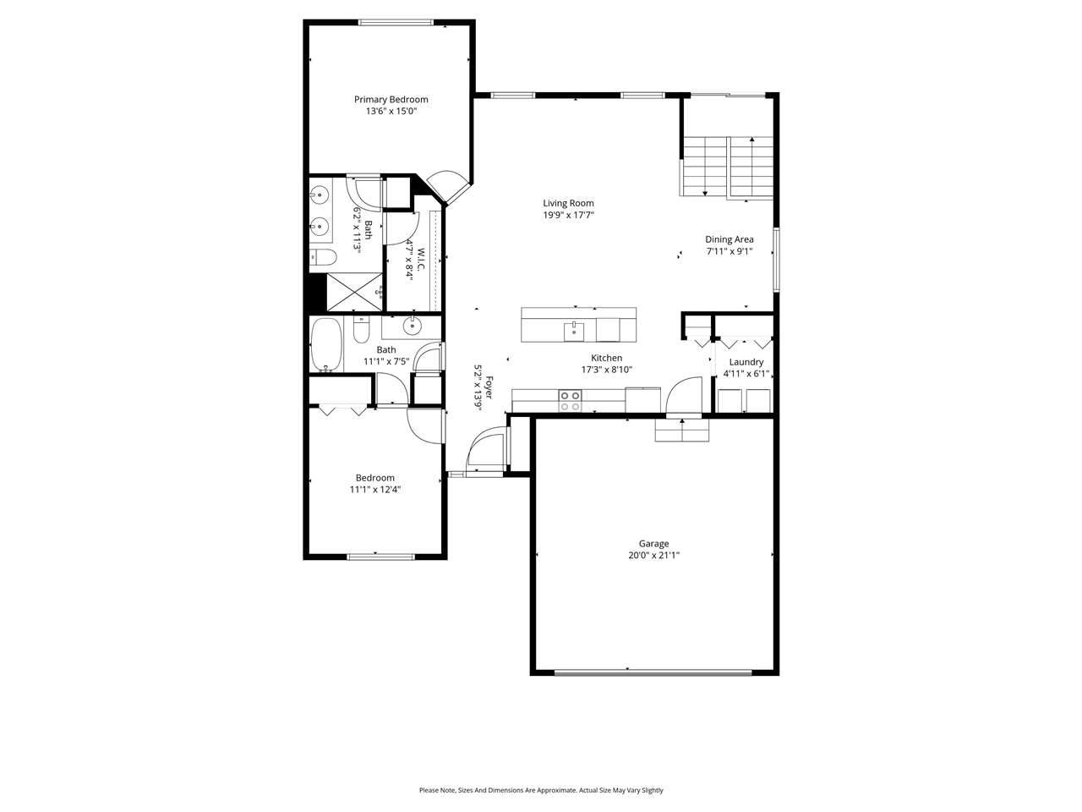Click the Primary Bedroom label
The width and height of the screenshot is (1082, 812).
(x=391, y=99)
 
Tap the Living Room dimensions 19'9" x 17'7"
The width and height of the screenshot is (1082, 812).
(x=568, y=215)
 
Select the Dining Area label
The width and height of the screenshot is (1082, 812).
(x=729, y=239)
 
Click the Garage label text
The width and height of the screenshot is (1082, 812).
(x=653, y=544)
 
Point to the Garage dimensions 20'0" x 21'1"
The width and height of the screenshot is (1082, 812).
(x=653, y=556)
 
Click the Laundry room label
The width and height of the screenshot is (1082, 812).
(x=746, y=362)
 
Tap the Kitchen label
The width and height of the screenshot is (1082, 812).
(x=606, y=358)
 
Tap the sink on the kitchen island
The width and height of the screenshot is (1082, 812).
(x=574, y=329)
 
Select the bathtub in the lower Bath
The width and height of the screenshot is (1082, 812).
(x=325, y=344)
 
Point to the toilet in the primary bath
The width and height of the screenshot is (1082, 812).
(x=324, y=257)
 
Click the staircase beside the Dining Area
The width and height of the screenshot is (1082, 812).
(x=727, y=167)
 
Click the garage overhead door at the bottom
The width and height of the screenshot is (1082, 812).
(x=653, y=673)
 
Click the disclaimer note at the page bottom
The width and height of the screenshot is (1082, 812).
(x=541, y=790)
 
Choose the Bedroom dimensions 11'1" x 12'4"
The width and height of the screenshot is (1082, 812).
(x=374, y=489)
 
